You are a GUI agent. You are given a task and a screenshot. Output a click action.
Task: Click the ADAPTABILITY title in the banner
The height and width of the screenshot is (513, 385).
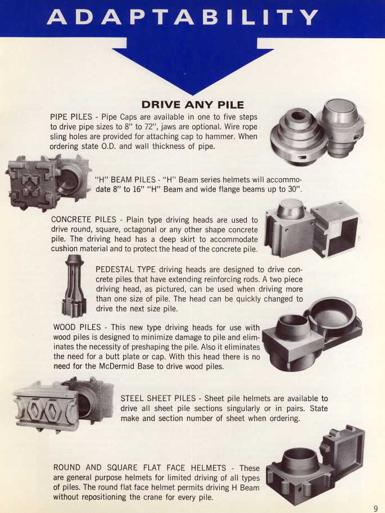[x=182, y=17]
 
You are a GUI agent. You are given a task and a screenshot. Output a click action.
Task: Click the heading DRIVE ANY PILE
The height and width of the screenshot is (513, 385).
[x=192, y=105]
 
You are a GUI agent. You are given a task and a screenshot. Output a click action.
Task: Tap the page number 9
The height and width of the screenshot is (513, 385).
[x=375, y=508]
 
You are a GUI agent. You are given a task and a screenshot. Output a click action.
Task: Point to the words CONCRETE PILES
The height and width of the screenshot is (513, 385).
[x=84, y=219]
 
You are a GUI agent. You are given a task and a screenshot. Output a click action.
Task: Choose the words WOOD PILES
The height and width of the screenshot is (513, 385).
[x=77, y=327]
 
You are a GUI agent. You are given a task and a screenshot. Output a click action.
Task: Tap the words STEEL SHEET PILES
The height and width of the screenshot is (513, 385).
[x=158, y=398]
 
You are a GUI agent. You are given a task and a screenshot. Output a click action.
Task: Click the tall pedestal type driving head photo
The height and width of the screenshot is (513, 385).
[x=74, y=286]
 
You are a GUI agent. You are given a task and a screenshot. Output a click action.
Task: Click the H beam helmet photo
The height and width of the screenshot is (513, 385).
[x=48, y=183]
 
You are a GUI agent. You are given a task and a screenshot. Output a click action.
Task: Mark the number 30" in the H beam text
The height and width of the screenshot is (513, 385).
[x=295, y=189]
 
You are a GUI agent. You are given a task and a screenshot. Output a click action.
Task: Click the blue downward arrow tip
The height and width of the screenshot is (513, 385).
[x=192, y=94]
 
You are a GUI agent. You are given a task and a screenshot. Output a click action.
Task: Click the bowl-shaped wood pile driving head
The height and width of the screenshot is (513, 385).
[x=331, y=316]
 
